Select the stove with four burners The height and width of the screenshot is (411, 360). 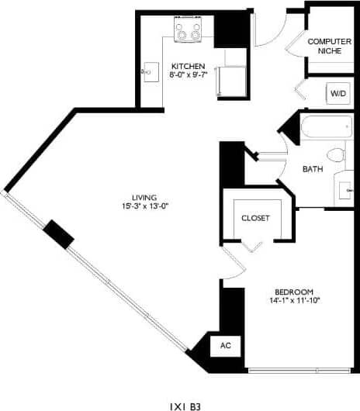[188, 32]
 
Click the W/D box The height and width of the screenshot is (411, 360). [339, 93]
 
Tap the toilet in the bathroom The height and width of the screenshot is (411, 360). [335, 154]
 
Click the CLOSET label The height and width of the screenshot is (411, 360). [255, 218]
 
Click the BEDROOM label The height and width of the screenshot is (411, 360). [294, 292]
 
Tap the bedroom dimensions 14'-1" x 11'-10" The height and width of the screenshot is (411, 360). [294, 301]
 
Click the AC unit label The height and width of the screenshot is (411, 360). [226, 346]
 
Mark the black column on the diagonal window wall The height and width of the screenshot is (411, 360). [58, 233]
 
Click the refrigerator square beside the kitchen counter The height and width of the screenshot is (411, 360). [232, 78]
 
